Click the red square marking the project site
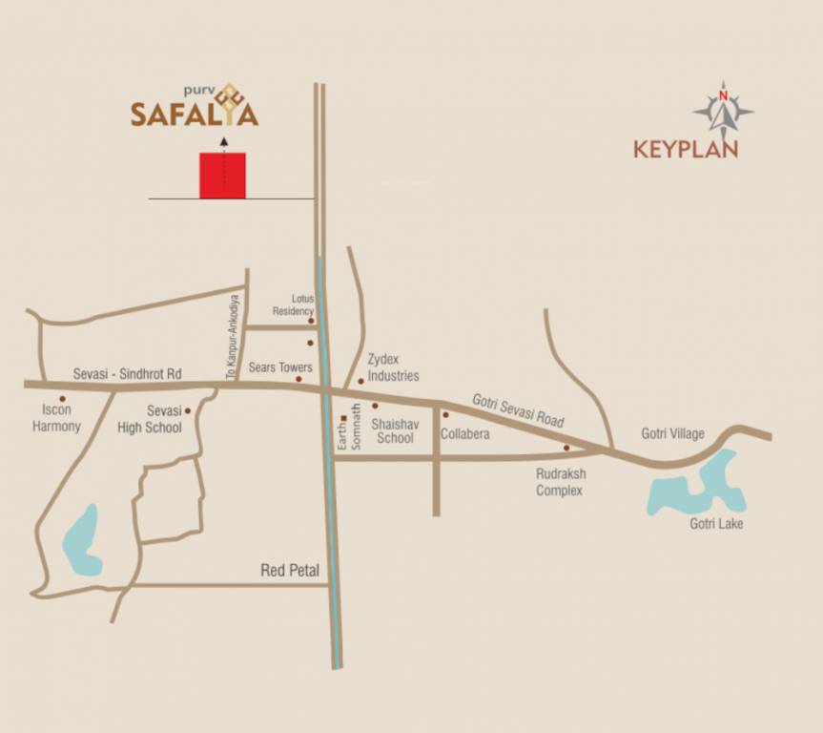pyautogui.click(x=222, y=176)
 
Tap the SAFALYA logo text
pyautogui.click(x=195, y=114)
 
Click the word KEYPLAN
pyautogui.click(x=686, y=150)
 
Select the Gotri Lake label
pyautogui.click(x=716, y=524)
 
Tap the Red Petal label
pyautogui.click(x=290, y=572)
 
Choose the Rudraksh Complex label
pyautogui.click(x=559, y=482)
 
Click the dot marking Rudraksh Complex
pyautogui.click(x=566, y=448)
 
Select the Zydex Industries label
pyautogui.click(x=393, y=367)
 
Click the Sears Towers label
pyautogui.click(x=280, y=367)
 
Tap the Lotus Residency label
pyautogui.click(x=293, y=304)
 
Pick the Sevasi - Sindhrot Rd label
pyautogui.click(x=127, y=375)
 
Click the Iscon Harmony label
pyautogui.click(x=56, y=418)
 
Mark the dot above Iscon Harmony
pyautogui.click(x=63, y=399)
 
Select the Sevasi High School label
pyautogui.click(x=150, y=419)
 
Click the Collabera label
pyautogui.click(x=465, y=434)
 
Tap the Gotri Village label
pyautogui.click(x=672, y=434)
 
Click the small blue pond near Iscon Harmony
pyautogui.click(x=81, y=541)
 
